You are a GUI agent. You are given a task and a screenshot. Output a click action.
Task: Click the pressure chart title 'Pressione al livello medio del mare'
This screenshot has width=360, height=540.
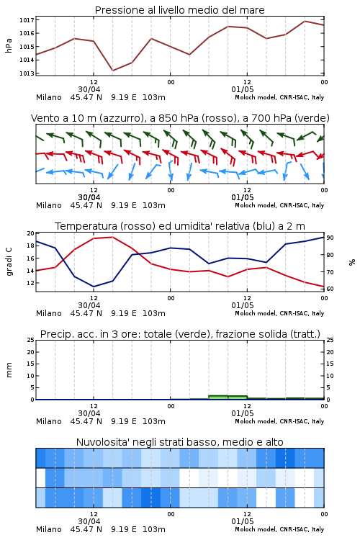179,10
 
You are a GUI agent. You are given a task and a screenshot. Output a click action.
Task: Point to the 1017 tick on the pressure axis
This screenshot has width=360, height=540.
27,20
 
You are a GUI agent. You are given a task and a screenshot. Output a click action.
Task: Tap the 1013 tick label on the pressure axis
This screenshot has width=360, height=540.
27,73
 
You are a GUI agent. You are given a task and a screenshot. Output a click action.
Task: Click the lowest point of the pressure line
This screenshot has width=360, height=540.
112,71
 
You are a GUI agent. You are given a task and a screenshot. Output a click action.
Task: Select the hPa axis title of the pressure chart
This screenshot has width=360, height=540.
9,45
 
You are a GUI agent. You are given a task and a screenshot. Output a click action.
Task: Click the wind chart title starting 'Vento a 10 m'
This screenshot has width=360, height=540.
180,118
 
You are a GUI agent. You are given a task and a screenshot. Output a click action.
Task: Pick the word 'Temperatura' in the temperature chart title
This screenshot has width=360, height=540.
86,226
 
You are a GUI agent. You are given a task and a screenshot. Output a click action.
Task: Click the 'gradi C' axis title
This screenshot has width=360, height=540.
9,261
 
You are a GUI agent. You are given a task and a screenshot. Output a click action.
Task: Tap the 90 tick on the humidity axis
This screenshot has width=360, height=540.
330,238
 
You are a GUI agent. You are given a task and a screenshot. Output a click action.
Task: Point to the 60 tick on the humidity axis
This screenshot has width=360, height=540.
330,289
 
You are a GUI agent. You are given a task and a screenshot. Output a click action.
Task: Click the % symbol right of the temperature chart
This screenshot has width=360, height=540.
352,262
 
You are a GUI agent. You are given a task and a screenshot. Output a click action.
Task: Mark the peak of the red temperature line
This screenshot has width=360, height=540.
112,237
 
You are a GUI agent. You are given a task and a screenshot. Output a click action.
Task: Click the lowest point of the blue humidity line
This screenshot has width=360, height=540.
94,287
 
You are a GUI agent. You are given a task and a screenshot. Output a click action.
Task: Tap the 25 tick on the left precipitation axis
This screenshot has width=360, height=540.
31,340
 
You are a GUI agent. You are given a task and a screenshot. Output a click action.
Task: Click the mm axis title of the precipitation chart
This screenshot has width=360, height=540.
9,369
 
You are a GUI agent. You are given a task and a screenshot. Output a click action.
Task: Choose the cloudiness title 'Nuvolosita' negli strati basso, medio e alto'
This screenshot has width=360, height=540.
179,442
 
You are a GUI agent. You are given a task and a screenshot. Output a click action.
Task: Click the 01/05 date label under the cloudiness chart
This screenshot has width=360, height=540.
243,521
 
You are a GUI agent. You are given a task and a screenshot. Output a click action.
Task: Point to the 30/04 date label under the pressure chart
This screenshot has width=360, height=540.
89,89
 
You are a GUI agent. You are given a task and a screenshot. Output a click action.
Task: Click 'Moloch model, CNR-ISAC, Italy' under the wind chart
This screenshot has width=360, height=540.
279,205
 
